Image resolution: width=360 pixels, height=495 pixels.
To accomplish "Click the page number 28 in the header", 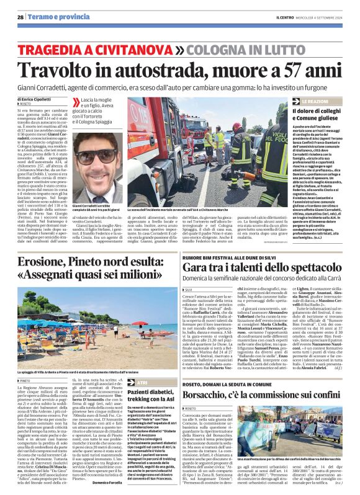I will tap(20, 17).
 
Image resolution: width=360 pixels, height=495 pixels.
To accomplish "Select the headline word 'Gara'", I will tap(200, 267).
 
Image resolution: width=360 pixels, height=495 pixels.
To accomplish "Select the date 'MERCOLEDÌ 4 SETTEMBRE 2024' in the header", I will tap(322, 17).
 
